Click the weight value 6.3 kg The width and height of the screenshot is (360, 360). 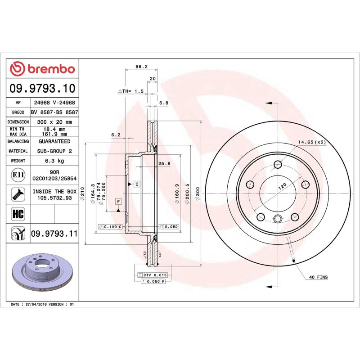pos(54,161)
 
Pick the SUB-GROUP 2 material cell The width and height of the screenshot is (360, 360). pos(54,151)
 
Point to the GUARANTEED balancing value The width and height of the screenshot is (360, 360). pos(54,141)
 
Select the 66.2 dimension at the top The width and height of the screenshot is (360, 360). pos(141,67)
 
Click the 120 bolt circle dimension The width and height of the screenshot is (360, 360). pos(282,187)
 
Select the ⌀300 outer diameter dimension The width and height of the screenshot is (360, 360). pos(197,193)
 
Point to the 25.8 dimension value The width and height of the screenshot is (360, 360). pos(164,164)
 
